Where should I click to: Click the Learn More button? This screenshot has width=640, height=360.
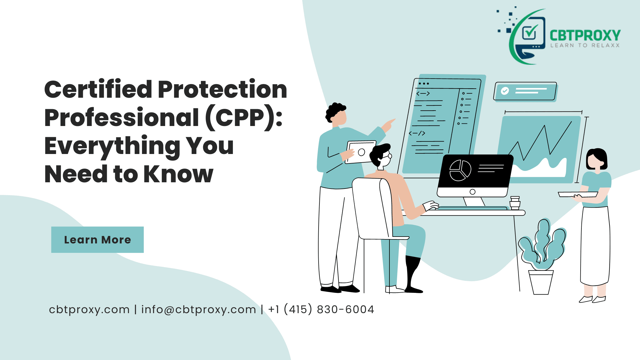coord(97,240)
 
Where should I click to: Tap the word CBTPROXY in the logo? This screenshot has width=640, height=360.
coord(585,35)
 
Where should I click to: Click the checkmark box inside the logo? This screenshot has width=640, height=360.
coord(529,32)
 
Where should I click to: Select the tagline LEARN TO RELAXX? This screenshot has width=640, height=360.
coord(585,45)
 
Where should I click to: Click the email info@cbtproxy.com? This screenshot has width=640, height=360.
coord(199,310)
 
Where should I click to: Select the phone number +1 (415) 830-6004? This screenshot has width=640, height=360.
coord(321,309)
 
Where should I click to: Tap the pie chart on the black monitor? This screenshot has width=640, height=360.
coord(460,170)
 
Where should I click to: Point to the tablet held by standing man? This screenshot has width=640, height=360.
coord(361,152)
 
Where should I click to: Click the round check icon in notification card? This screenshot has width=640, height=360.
coord(505,91)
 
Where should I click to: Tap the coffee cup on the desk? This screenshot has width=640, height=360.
coord(515,203)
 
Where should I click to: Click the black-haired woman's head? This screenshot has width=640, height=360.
coord(597,159)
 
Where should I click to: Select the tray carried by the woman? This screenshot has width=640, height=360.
coord(578,195)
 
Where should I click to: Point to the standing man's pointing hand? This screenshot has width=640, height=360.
coord(388,125)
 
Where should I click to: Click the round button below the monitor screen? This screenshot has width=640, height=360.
coord(473,192)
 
